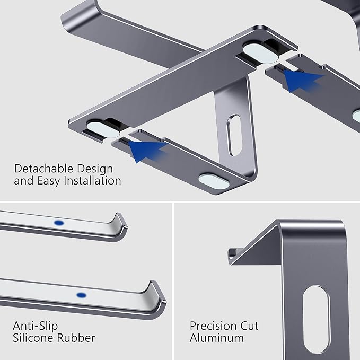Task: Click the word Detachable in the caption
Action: (x=42, y=169)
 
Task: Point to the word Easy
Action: (x=50, y=181)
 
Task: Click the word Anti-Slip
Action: (x=36, y=325)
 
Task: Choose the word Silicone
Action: (x=34, y=337)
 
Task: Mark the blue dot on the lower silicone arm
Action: (x=81, y=295)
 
